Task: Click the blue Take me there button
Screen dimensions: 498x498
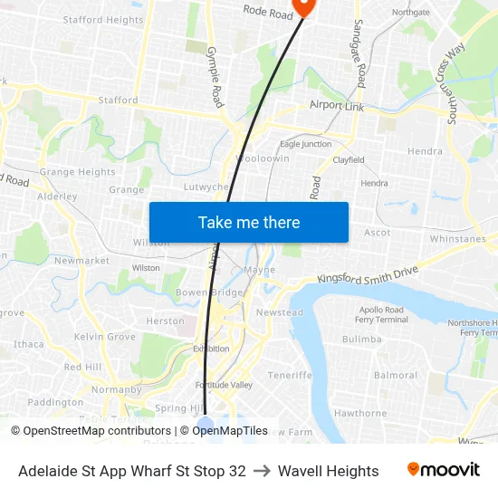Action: pos(248,222)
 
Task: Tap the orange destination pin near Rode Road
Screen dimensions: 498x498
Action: pos(302,7)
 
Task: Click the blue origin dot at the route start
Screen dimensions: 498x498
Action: pos(206,426)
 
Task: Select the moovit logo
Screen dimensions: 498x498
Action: pos(443,470)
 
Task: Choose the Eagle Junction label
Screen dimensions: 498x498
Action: pos(305,144)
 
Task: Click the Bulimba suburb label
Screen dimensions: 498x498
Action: pos(362,340)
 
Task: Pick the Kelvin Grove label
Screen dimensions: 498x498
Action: pos(104,337)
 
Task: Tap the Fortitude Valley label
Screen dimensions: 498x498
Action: pos(224,385)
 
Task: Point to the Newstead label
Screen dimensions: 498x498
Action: pos(279,312)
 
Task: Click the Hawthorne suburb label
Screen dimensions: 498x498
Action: pos(360,413)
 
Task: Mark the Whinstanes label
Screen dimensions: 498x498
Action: pos(457,239)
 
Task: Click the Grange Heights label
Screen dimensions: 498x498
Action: pos(77,172)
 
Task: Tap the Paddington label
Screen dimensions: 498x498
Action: pos(55,402)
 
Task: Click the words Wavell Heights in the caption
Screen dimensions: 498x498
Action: pos(328,471)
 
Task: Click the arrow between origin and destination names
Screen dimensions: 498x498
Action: pos(262,471)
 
